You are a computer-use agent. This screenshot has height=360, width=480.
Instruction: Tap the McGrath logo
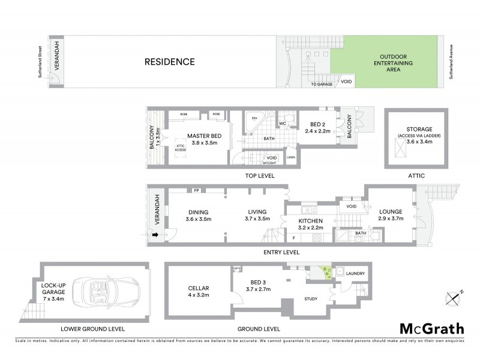[431, 328]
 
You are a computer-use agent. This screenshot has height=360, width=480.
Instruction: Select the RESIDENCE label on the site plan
[170, 62]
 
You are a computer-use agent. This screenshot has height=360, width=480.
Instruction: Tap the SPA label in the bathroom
[254, 119]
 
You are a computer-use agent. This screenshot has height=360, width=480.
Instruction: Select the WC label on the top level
[281, 124]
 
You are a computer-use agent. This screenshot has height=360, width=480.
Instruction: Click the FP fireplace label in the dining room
[196, 191]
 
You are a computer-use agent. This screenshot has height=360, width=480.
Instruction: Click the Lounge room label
[390, 212]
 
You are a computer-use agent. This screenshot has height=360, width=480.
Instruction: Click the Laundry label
[355, 274]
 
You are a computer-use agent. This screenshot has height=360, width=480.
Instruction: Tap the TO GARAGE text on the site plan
[322, 85]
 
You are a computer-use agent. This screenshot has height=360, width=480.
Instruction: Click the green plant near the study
[326, 274]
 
